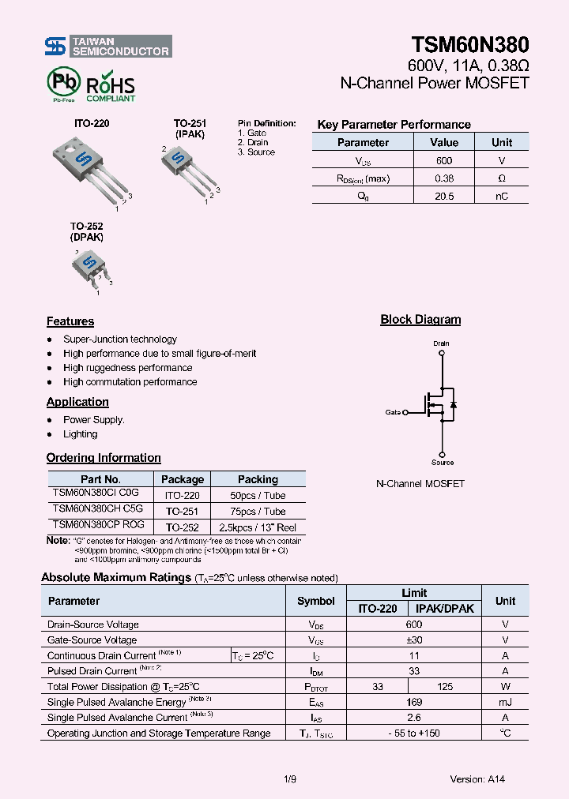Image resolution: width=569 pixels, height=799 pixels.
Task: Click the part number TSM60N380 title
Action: [469, 45]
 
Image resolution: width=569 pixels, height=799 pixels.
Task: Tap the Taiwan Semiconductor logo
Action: [107, 47]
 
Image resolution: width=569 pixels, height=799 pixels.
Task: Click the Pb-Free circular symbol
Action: [64, 82]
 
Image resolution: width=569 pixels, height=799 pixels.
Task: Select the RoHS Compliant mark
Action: [111, 88]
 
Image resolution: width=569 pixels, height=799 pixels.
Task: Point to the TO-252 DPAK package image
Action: [89, 264]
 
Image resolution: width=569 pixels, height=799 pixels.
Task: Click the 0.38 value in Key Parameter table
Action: [444, 178]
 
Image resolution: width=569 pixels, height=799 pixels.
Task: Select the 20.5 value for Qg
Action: [444, 196]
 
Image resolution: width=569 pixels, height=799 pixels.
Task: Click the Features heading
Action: [70, 321]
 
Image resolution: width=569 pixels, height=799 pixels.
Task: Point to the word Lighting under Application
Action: [81, 434]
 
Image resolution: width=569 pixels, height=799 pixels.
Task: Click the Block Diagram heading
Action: [420, 320]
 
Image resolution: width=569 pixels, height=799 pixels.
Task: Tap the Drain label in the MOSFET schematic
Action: [441, 343]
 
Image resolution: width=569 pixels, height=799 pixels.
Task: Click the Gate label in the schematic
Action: [393, 412]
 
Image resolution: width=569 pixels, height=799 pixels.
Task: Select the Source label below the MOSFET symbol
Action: [443, 463]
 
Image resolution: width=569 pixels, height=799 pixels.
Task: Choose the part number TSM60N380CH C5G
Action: [98, 510]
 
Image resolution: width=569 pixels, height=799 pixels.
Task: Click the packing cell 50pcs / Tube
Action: [258, 496]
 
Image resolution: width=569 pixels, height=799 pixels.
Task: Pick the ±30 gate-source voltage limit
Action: [414, 640]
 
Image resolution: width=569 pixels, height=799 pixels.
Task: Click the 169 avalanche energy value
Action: [414, 702]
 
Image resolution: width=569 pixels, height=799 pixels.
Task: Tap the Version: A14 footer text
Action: [477, 779]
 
